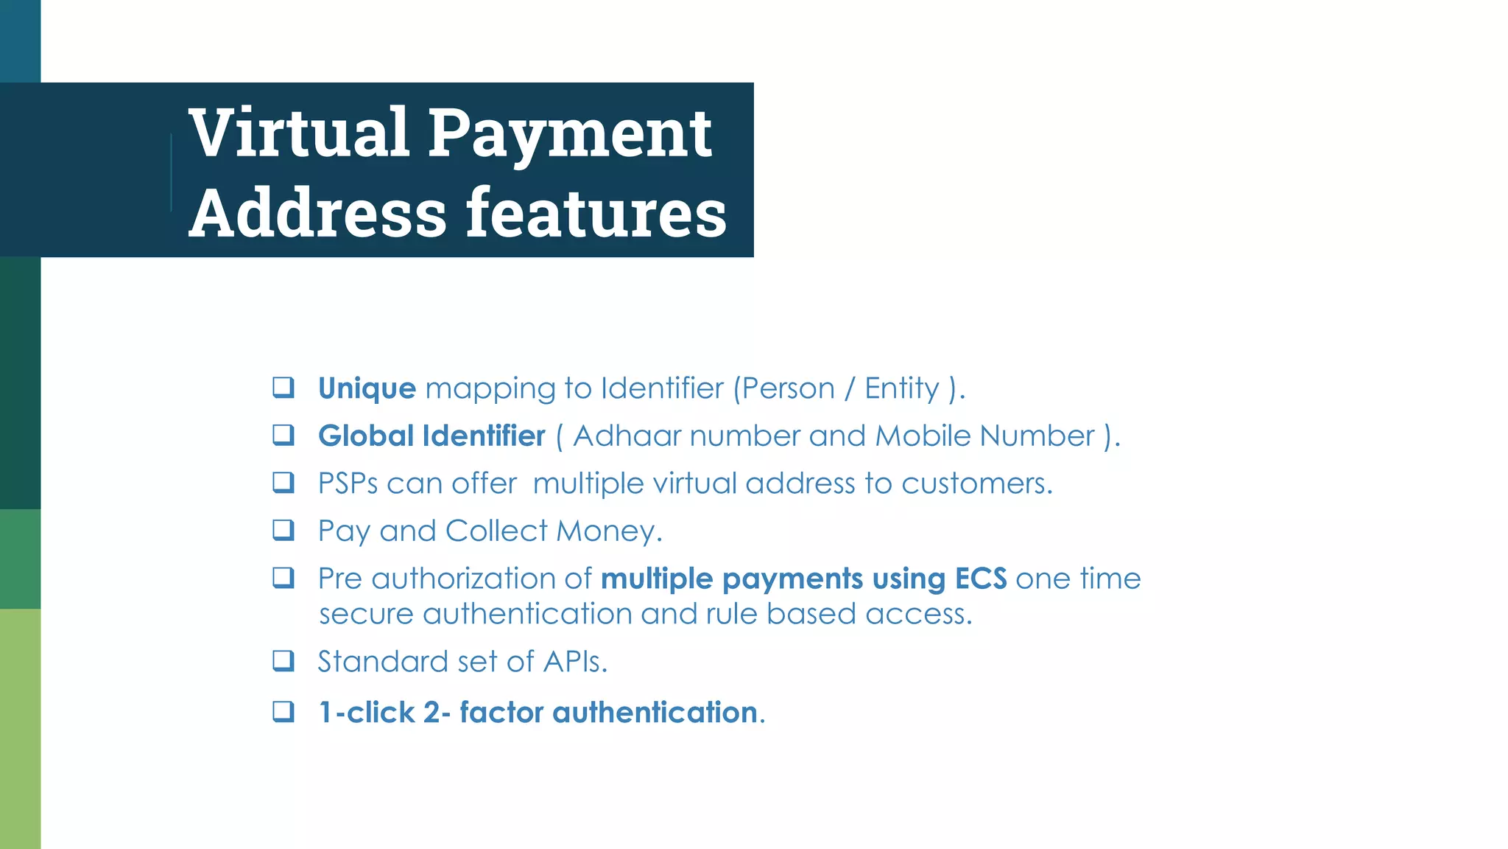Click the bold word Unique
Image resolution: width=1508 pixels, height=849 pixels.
[367, 388]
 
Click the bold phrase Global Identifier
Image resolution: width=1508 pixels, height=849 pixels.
[431, 436]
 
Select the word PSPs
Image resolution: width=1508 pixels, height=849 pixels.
[347, 484]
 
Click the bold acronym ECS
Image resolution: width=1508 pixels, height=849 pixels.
[981, 579]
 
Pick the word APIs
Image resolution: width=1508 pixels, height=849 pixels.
[574, 662]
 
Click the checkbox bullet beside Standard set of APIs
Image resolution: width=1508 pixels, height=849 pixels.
[283, 660]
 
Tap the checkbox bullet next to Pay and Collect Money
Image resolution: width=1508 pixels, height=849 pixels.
[283, 530]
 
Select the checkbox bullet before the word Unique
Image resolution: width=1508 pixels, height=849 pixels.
[283, 387]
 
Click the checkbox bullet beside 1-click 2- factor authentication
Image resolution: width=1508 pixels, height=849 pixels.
[283, 711]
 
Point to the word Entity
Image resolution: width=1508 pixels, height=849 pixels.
[902, 388]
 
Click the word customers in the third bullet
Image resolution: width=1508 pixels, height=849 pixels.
[976, 484]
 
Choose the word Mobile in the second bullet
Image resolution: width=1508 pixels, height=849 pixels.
[923, 436]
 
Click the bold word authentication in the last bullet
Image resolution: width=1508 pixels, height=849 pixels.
[655, 713]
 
